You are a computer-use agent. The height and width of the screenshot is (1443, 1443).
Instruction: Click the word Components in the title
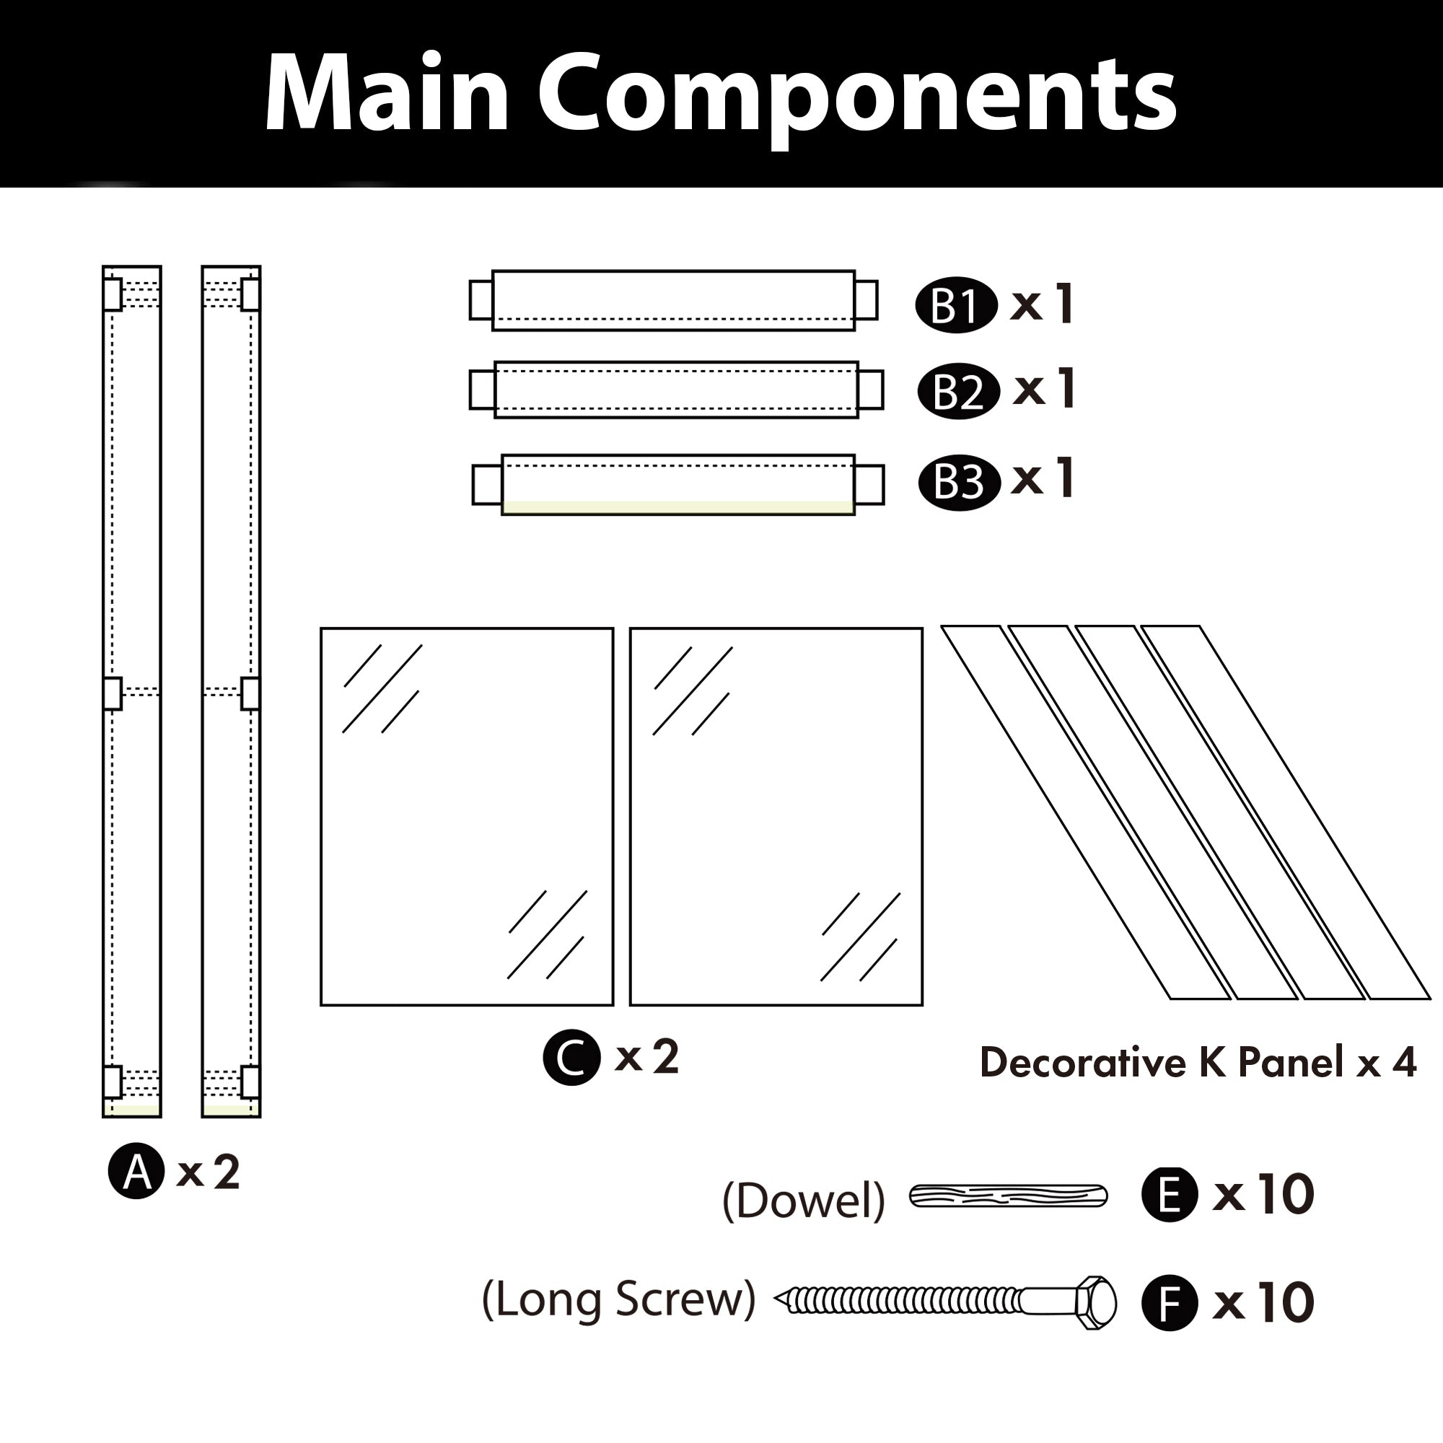856,96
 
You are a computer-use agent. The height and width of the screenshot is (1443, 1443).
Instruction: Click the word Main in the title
386,93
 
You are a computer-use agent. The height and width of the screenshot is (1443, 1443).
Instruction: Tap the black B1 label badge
956,305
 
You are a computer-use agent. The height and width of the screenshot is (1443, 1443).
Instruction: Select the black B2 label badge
958,391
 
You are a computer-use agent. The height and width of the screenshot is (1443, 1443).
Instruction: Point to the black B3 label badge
959,483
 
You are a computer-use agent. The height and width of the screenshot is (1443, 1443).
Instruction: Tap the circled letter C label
571,1058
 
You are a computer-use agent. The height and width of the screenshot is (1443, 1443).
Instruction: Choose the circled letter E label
1170,1194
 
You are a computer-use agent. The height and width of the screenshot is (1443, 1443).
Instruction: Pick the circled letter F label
1170,1303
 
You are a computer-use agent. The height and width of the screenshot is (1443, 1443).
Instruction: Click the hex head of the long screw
1096,1303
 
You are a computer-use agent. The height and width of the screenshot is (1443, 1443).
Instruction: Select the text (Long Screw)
618,1300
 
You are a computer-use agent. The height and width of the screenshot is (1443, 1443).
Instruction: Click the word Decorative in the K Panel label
1082,1062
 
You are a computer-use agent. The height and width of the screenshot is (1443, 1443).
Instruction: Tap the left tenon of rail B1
481,299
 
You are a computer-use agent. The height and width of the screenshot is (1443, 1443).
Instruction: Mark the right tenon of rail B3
869,485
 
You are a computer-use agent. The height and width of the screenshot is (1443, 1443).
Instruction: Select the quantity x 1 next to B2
1044,388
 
